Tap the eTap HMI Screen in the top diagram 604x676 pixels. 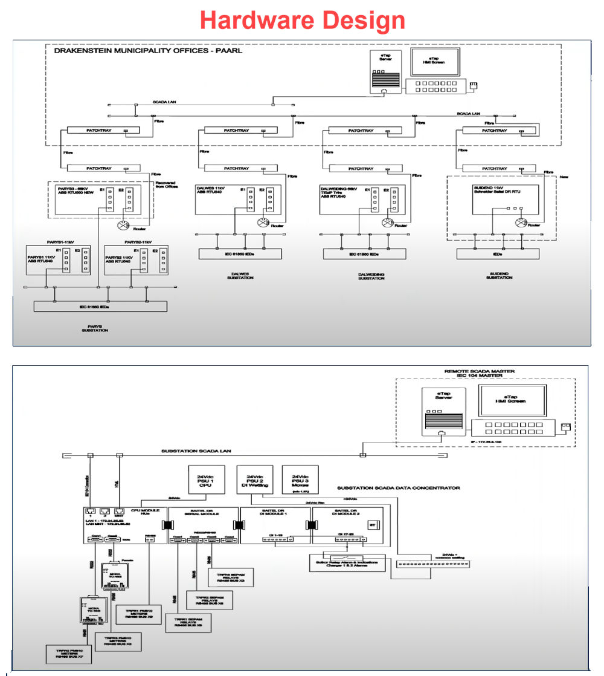[x=433, y=62]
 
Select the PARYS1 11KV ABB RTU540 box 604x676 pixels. [x=58, y=261]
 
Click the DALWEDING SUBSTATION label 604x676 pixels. [x=370, y=276]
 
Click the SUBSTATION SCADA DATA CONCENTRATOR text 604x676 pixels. [x=399, y=488]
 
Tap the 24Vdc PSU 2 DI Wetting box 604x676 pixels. [x=254, y=480]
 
